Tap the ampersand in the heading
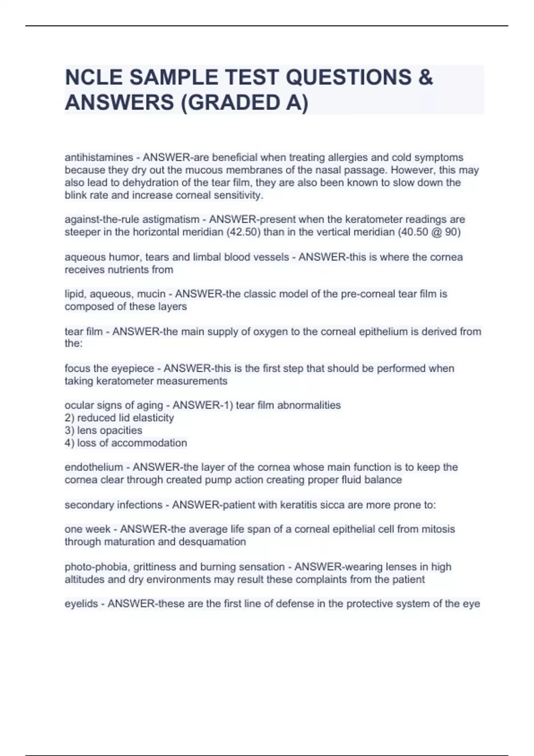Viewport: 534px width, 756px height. tap(425, 77)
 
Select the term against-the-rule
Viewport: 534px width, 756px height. tap(101, 220)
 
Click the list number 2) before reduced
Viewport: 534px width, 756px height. tap(69, 418)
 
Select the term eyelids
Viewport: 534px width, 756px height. tap(81, 604)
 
